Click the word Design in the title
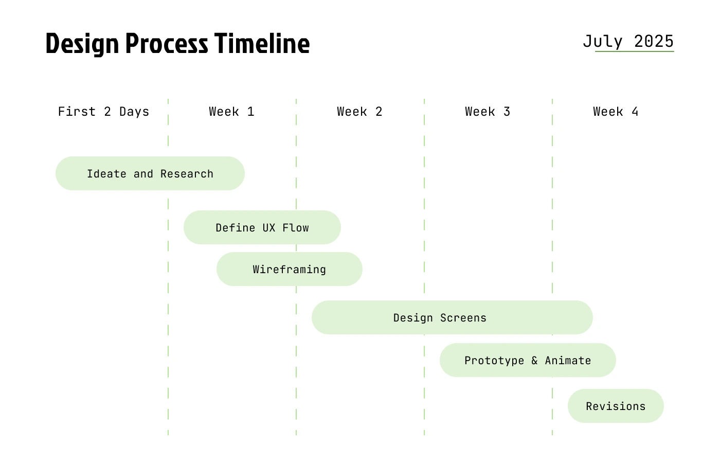point(82,44)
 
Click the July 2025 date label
point(628,42)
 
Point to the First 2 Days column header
point(103,112)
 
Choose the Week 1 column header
point(232,112)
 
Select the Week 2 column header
point(359,112)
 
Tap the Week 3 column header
point(488,112)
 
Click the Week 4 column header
point(616,112)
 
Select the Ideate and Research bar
point(150,173)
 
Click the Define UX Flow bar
point(262,227)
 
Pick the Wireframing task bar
point(289,269)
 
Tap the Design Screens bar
point(452,317)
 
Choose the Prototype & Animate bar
point(528,360)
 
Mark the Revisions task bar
point(616,406)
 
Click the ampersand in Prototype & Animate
point(534,361)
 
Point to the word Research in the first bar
point(187,174)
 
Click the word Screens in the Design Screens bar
point(463,318)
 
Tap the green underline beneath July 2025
point(635,51)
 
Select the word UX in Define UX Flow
point(268,228)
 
